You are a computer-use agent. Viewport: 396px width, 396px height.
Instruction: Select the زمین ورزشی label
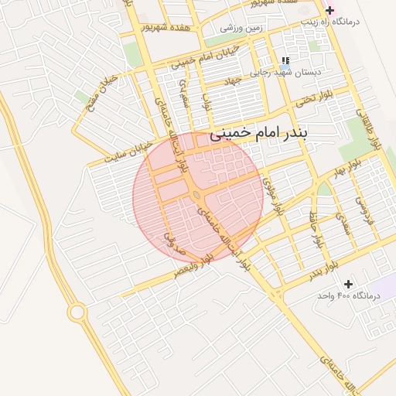241,28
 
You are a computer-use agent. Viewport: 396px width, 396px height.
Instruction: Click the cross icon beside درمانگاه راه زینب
330,10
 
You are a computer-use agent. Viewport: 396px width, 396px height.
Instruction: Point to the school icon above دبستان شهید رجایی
285,60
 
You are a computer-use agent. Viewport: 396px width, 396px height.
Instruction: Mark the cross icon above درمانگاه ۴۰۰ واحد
349,284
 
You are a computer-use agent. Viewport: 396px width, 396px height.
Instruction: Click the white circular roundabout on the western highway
77,312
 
